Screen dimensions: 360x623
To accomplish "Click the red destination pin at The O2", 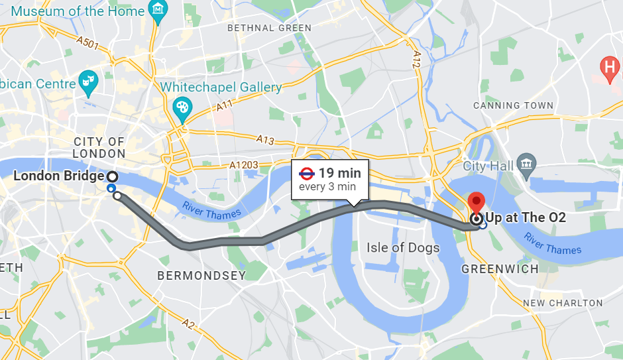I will [x=476, y=203].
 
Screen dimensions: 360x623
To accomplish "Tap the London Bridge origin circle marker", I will [x=113, y=176].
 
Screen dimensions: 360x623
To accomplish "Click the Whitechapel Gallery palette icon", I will [x=182, y=107].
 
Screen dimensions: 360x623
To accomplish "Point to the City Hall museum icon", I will [x=527, y=162].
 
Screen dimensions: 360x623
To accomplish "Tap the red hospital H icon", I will [x=608, y=67].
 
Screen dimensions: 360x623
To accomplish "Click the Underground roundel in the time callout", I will [x=307, y=174].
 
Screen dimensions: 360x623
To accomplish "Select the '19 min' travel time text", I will [x=340, y=174].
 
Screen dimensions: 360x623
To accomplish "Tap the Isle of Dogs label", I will [x=403, y=248].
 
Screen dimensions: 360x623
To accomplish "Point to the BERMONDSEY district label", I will [x=201, y=275].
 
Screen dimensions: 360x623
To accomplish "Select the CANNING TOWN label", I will [x=513, y=105].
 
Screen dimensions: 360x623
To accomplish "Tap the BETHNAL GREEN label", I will [x=269, y=28].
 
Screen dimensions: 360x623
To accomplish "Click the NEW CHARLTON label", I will [x=563, y=303].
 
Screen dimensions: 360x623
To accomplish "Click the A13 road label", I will [x=266, y=139].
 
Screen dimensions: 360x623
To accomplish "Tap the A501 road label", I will [x=87, y=44].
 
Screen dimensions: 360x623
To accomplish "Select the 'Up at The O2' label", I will [x=526, y=217].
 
